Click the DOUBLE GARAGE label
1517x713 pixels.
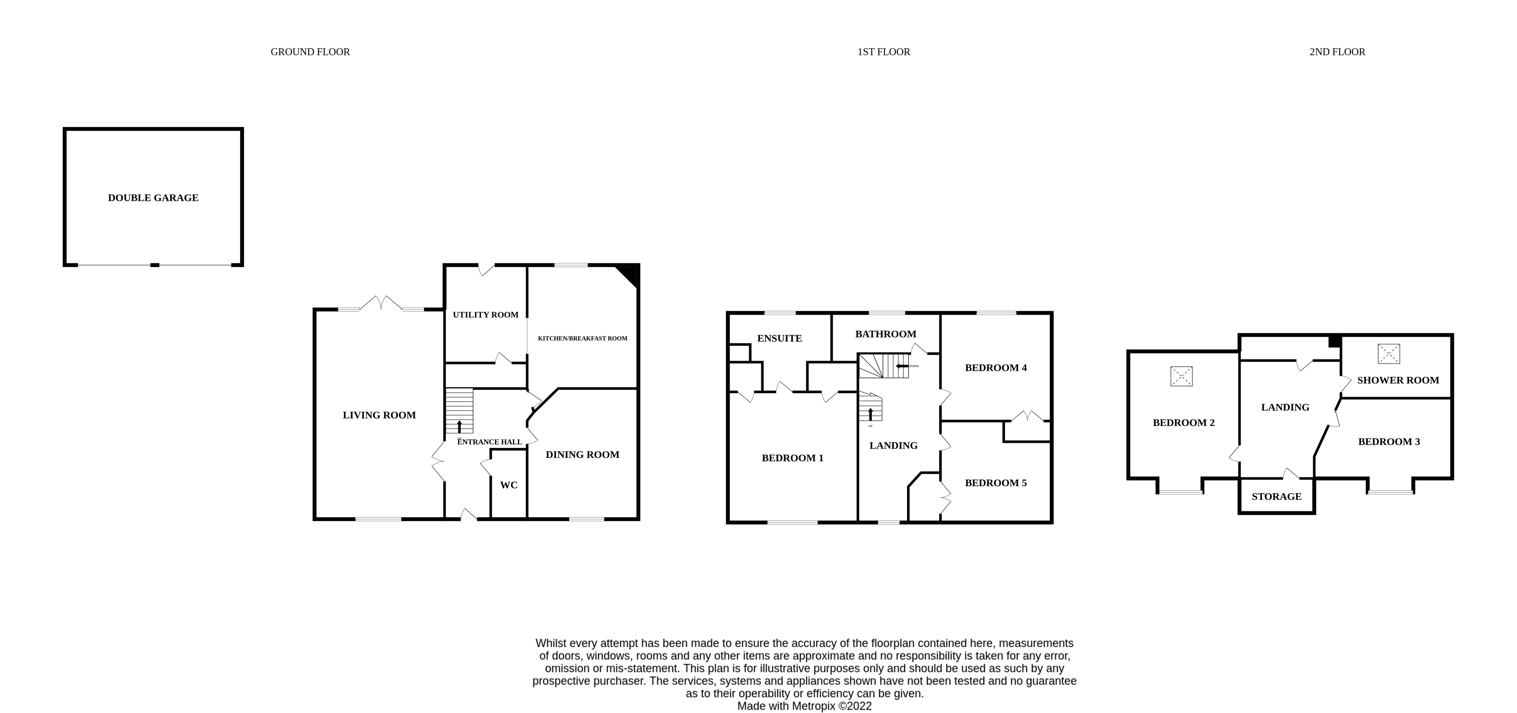[153, 198]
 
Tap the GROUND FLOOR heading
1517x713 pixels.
[310, 52]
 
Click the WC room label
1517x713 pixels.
[509, 485]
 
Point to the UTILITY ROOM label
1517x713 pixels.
[485, 315]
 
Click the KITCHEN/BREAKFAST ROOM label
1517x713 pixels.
[582, 338]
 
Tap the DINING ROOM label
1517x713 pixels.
[582, 454]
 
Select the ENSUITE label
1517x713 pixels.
[779, 338]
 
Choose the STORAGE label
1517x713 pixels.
[1276, 497]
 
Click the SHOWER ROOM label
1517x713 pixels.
[1398, 380]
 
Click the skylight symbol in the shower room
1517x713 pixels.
[1389, 353]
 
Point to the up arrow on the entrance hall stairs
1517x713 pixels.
[459, 426]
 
